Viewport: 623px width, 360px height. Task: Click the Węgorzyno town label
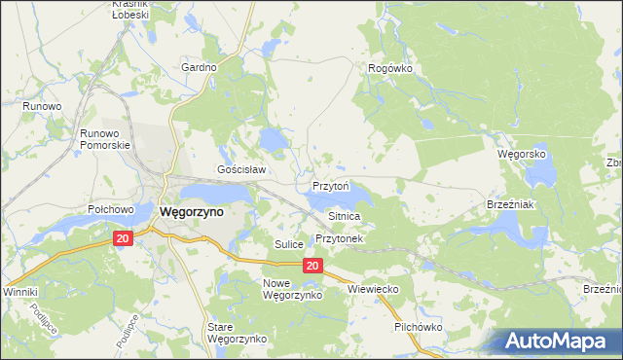point(191,211)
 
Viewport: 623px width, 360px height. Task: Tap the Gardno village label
point(199,67)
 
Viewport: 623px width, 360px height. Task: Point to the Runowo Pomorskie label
point(105,138)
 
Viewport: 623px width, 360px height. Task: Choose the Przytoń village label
point(331,185)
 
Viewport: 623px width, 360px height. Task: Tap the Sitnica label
point(345,215)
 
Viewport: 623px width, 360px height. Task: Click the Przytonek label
point(339,238)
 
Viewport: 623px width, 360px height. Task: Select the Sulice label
point(289,244)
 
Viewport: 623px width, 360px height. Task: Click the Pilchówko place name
point(419,327)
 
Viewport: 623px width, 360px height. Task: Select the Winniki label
point(19,291)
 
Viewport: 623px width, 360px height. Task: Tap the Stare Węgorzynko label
point(237,333)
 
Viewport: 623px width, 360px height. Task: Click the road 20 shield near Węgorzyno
point(123,238)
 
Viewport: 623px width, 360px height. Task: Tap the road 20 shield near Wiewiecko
point(311,266)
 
